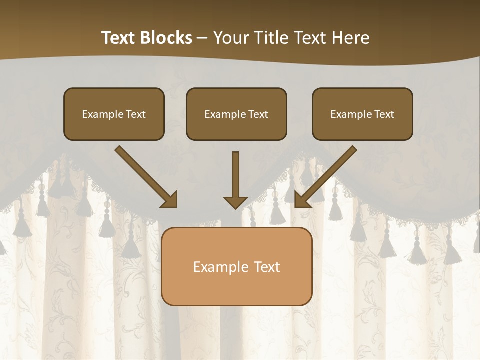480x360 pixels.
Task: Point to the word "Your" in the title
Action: tap(231, 38)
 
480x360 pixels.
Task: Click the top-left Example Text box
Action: tap(114, 114)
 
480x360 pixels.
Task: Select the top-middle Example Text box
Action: tap(236, 114)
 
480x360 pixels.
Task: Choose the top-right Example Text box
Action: tap(362, 114)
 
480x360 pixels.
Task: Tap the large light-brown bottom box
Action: tap(236, 266)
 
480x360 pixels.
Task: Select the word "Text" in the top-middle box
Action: tap(258, 114)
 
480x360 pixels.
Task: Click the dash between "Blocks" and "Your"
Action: tap(202, 38)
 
